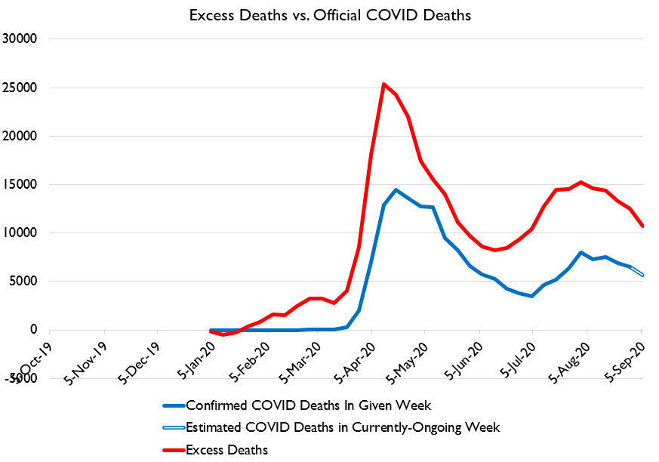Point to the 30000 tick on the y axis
[x=23, y=39]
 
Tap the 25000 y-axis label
[x=23, y=88]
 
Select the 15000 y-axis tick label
[x=23, y=185]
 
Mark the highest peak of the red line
[x=383, y=84]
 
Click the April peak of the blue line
[x=396, y=189]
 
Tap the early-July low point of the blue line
[x=532, y=296]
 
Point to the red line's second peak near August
[x=580, y=182]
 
